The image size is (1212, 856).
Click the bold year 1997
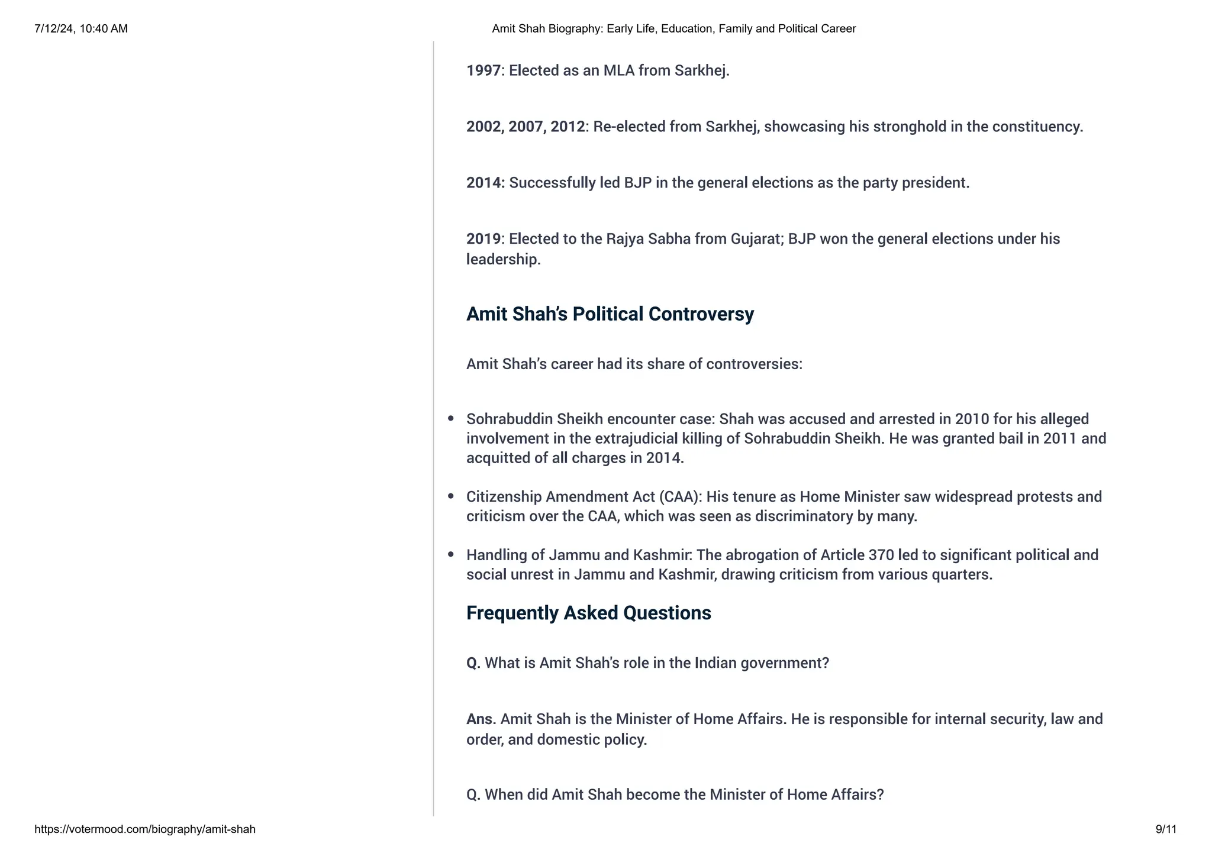tap(483, 70)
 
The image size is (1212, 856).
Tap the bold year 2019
tap(483, 239)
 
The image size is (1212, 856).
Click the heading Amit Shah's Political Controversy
tap(610, 314)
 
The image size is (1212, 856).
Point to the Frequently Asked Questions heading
tap(588, 613)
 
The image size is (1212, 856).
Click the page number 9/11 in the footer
tap(1165, 829)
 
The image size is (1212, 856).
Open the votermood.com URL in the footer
tap(145, 829)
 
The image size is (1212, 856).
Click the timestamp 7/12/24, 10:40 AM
tap(81, 28)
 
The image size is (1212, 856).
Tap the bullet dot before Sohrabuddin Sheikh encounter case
tap(451, 419)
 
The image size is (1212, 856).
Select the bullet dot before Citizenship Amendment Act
tap(451, 496)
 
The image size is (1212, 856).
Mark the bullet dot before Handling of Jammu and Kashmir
tap(451, 555)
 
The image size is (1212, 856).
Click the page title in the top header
tap(673, 28)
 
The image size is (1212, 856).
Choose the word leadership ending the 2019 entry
tap(503, 259)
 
